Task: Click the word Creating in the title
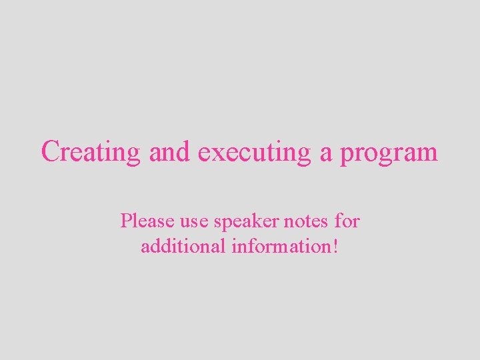pyautogui.click(x=91, y=152)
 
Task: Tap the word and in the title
pyautogui.click(x=169, y=151)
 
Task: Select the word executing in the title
pyautogui.click(x=255, y=152)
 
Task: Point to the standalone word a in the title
pyautogui.click(x=326, y=153)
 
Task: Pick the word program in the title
pyautogui.click(x=389, y=153)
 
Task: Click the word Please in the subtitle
pyautogui.click(x=143, y=221)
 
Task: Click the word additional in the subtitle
pyautogui.click(x=183, y=246)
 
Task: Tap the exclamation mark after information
pyautogui.click(x=335, y=246)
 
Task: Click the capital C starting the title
pyautogui.click(x=50, y=151)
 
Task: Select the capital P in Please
pyautogui.click(x=125, y=221)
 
